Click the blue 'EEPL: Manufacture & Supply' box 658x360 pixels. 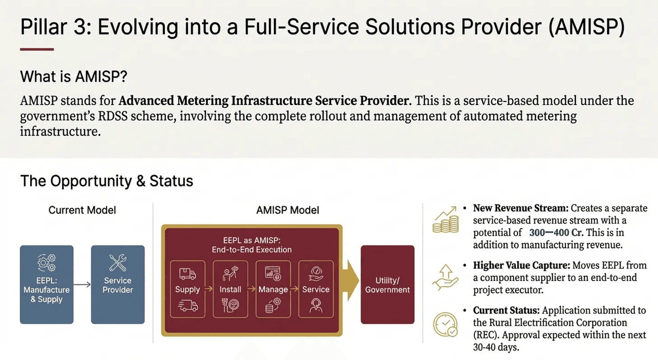47,284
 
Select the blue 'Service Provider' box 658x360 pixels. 117,284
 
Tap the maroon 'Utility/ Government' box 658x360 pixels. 387,284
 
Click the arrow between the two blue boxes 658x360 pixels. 82,285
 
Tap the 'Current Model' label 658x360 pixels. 82,210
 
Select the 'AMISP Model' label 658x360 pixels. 288,210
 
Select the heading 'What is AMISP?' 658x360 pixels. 73,76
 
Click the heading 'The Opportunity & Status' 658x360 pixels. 107,181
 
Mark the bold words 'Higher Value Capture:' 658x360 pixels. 512,266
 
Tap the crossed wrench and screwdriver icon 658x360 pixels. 117,263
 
